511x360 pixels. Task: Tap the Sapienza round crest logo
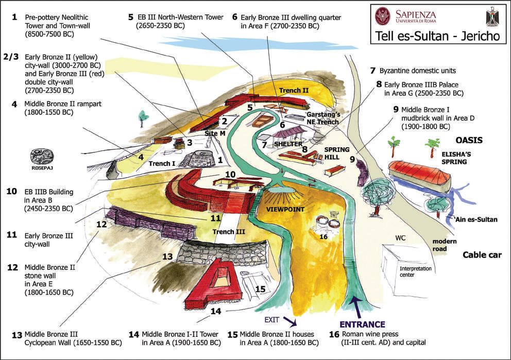pos(383,16)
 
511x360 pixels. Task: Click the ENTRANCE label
pos(363,324)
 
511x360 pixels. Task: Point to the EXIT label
pos(271,320)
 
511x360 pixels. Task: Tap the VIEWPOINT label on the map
pos(285,210)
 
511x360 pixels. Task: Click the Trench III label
pos(228,232)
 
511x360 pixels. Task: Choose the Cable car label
pos(482,255)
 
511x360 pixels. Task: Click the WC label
pos(400,238)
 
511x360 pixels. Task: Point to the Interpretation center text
pos(416,272)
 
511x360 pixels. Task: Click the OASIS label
pos(469,140)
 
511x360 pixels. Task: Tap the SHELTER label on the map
pos(288,144)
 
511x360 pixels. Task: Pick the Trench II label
pos(294,90)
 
